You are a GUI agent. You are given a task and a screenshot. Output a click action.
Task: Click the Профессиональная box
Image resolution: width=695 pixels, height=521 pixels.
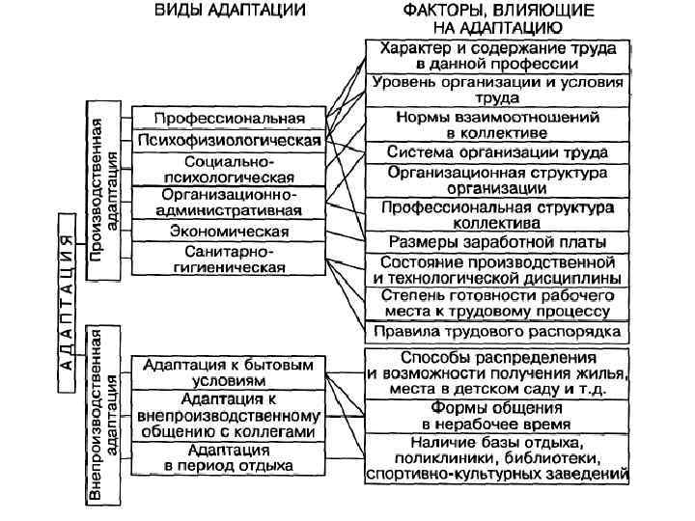click(230, 118)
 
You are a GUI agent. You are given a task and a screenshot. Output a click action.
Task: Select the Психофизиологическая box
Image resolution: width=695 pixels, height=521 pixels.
click(229, 140)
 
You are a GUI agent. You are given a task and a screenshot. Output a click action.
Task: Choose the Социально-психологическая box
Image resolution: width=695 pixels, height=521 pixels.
click(229, 169)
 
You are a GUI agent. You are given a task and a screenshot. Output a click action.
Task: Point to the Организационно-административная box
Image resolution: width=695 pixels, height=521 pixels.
click(229, 203)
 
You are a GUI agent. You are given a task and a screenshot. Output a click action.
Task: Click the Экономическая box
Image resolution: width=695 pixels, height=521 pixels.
click(229, 232)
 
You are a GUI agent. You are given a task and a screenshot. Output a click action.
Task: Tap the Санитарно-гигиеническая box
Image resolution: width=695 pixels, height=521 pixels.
click(229, 260)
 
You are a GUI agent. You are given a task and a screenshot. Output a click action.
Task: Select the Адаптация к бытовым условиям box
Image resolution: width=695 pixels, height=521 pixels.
click(229, 372)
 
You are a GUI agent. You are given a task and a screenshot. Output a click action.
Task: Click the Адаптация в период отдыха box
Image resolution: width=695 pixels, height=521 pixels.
click(229, 458)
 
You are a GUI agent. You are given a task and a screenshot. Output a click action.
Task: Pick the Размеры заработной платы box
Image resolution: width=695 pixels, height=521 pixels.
click(498, 241)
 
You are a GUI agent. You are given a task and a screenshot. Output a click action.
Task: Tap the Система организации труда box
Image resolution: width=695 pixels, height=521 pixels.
click(498, 151)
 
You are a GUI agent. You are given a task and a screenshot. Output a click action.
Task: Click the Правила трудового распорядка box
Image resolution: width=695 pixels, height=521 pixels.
click(498, 332)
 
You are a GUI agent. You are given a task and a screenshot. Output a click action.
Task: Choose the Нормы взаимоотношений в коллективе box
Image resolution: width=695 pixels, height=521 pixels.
click(498, 123)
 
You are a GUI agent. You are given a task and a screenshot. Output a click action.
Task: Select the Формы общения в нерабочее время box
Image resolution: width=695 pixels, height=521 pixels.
click(498, 416)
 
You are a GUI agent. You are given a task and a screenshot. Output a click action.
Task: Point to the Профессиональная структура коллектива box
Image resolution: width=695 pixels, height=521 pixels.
click(498, 213)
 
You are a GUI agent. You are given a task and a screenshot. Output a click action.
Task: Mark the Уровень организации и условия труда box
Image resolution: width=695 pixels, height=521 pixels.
click(498, 90)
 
